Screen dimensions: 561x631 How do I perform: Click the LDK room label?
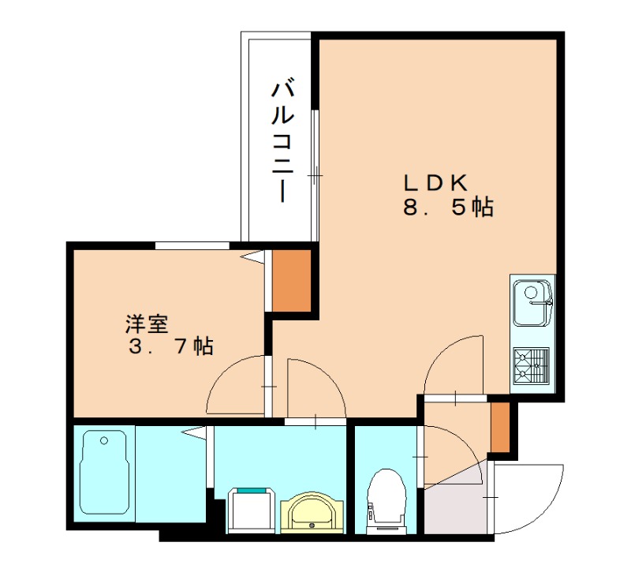click(x=436, y=182)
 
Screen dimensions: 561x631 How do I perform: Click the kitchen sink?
click(x=532, y=301)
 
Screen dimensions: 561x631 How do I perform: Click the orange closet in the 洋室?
click(x=291, y=281)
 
